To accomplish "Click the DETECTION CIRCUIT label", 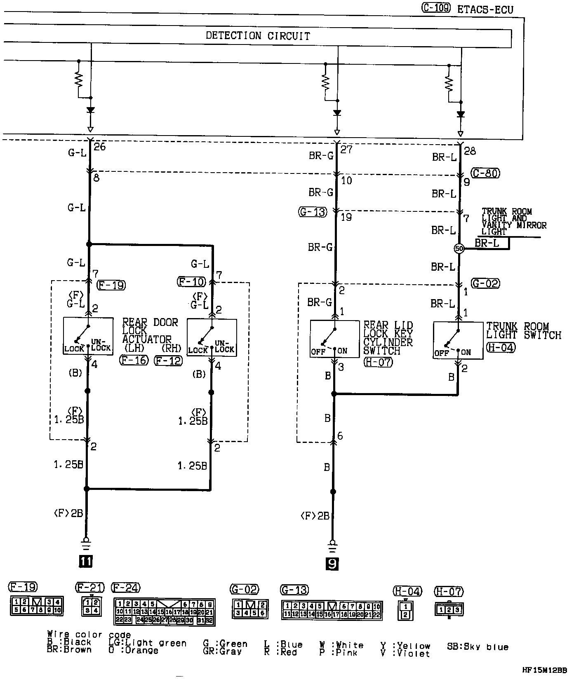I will pos(258,36).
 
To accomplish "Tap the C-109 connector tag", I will pos(436,8).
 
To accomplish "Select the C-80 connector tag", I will pos(486,173).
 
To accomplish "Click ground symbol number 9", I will pos(332,564).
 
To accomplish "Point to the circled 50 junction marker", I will pos(459,248).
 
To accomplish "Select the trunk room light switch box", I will pos(458,340).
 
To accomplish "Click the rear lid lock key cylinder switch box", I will pos(334,339).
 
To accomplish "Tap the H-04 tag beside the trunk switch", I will pos(501,347).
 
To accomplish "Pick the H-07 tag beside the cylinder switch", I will pos(378,362).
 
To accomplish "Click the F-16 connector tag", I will pos(133,361).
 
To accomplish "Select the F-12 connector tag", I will pos(168,361).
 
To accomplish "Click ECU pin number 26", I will pos(100,147).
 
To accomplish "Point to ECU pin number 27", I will pos(346,149).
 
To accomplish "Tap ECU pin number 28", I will pos(470,151).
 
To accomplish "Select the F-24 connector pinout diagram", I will pos(164,611).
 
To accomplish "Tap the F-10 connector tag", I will pos(191,282).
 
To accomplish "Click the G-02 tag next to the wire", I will pos(486,283).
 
